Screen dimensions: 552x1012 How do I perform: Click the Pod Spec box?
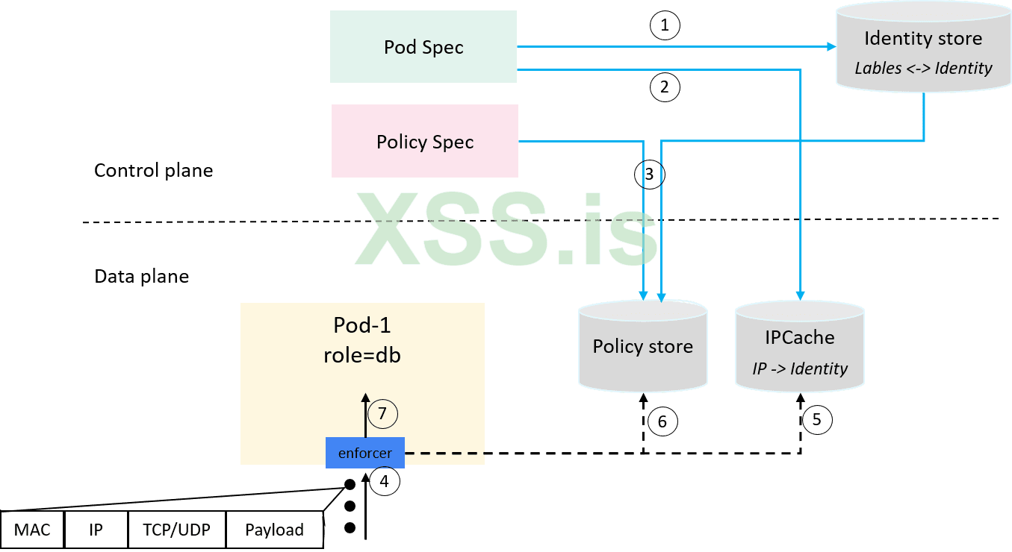423,46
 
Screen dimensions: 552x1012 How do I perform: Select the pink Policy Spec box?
425,141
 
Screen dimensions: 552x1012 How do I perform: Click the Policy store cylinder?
642,346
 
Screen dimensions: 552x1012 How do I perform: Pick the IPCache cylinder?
799,346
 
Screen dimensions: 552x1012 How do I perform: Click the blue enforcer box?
364,453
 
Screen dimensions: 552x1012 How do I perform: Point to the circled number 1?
665,26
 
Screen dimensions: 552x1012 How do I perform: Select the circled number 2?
665,87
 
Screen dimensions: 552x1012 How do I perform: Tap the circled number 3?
649,175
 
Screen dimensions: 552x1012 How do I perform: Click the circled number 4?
384,481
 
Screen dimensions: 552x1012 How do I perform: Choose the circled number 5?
816,419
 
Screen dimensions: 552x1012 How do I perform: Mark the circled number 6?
662,421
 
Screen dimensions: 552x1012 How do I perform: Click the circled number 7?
382,413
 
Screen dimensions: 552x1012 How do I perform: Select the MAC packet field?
32,530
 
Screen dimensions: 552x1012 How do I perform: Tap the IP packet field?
96,530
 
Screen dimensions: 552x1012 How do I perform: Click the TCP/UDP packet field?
176,530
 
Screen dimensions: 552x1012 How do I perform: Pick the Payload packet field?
274,530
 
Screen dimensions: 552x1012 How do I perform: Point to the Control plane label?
153,170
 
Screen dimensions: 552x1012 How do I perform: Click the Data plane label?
141,276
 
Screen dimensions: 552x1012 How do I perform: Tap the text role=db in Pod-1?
361,355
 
